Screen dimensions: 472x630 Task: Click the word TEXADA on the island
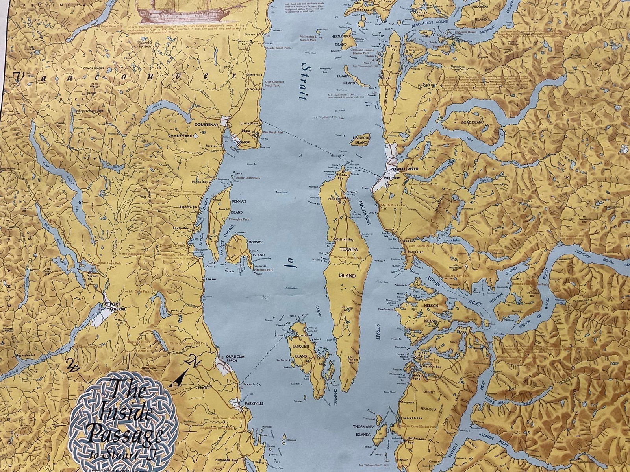pos(348,249)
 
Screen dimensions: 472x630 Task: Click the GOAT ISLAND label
pos(472,122)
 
